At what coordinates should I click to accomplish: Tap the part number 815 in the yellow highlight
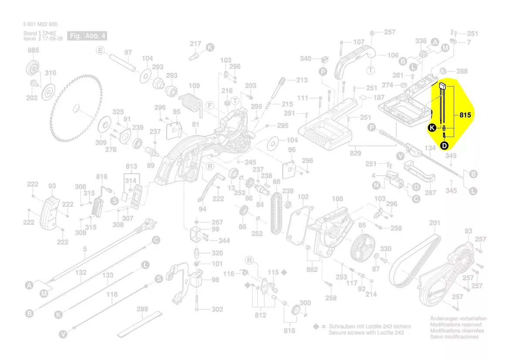(465, 115)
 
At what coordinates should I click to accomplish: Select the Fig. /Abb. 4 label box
(87, 36)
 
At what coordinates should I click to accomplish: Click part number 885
(33, 51)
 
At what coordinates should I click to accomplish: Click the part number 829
(356, 153)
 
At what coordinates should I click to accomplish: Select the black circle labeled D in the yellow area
(444, 146)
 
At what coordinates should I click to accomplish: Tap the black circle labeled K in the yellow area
(431, 128)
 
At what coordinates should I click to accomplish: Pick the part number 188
(337, 199)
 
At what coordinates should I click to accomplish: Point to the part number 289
(142, 309)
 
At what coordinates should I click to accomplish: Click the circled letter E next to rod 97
(101, 51)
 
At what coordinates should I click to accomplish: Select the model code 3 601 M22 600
(40, 24)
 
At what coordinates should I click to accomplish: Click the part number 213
(302, 80)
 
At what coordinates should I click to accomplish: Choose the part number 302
(217, 309)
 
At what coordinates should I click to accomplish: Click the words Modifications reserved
(455, 325)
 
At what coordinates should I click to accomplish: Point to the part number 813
(131, 166)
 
